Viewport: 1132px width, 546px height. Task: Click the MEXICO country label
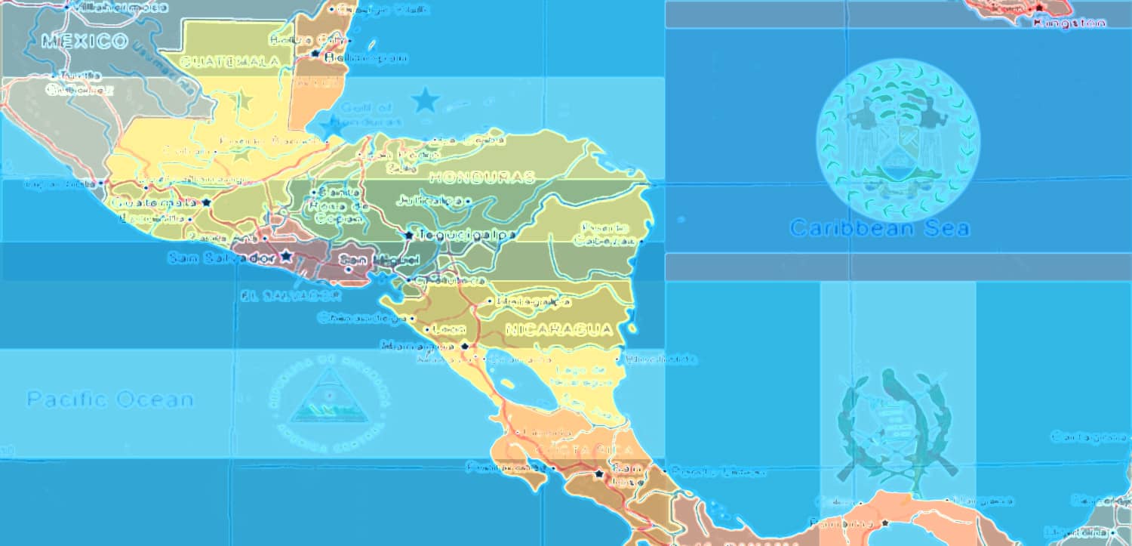[x=85, y=41]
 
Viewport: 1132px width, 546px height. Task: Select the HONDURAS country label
[x=481, y=177]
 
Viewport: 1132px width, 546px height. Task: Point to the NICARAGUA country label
[x=559, y=329]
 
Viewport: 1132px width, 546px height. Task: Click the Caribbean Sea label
[x=879, y=228]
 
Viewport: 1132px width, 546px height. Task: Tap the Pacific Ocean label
[x=110, y=399]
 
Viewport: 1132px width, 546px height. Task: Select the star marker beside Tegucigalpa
[x=408, y=235]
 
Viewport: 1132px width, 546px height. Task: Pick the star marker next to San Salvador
[x=285, y=257]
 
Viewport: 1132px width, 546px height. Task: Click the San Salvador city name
[x=221, y=258]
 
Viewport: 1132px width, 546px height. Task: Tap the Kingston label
[x=1069, y=23]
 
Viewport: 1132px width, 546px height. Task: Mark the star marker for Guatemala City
[x=205, y=202]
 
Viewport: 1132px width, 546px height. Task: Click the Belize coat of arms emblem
[x=897, y=140]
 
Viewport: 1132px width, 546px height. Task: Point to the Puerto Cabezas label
[x=605, y=233]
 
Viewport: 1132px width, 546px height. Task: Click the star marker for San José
[x=599, y=474]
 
